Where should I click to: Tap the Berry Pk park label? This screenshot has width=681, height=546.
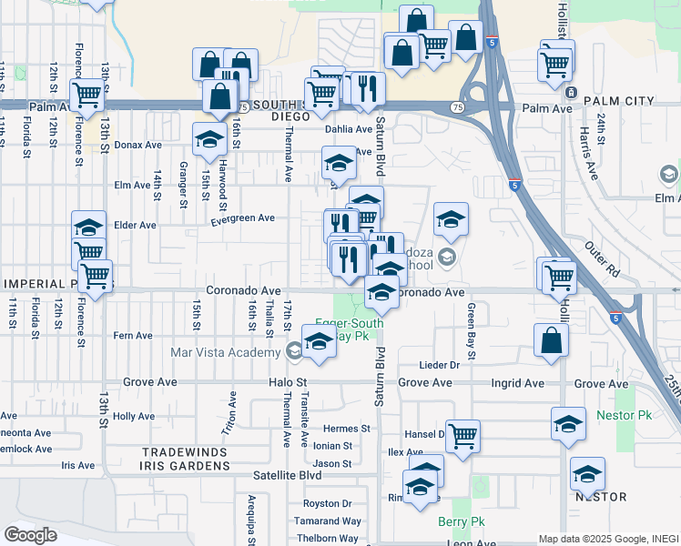[x=462, y=522]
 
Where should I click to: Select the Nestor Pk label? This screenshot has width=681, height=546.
[x=624, y=415]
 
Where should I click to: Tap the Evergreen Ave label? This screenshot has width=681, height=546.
[x=242, y=218]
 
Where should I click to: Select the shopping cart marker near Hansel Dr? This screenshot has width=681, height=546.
[x=462, y=436]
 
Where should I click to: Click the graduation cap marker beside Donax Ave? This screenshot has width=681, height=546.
[x=209, y=139]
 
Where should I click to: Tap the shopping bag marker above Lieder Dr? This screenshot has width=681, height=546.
[x=551, y=341]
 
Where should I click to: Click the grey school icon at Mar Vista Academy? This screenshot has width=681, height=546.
[x=294, y=351]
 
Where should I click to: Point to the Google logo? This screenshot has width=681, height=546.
[x=31, y=535]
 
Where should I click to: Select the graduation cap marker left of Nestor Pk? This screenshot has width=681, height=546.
[x=569, y=425]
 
